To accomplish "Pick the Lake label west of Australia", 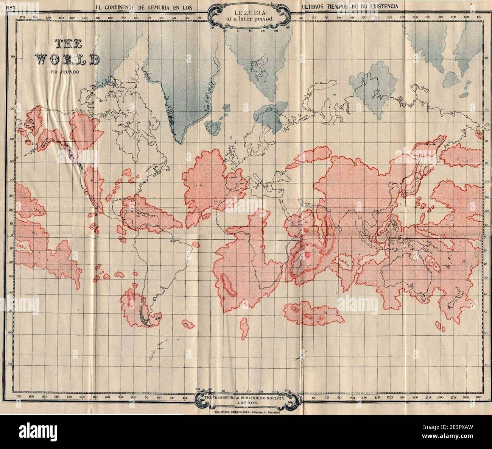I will [x=344, y=261].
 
